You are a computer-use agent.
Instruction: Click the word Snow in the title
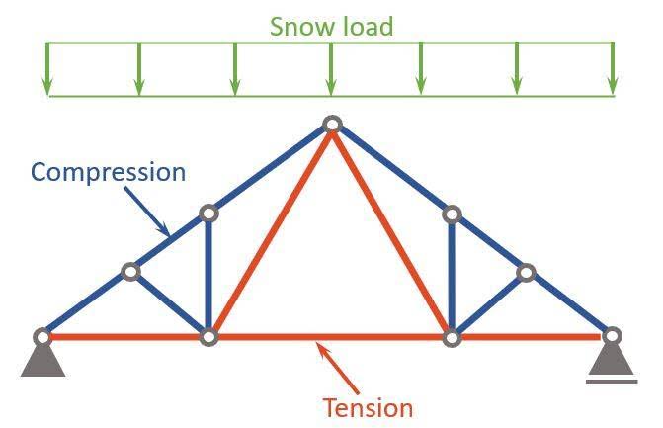point(302,27)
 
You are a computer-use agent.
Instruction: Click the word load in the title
point(368,27)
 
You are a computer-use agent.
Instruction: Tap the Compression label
point(109,172)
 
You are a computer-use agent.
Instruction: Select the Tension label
point(368,408)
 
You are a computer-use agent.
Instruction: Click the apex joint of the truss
point(332,125)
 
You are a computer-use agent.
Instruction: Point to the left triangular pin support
point(42,360)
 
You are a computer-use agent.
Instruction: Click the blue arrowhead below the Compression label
point(164,229)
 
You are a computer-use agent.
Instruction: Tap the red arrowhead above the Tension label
point(322,349)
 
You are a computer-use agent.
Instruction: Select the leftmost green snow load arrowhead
point(47,87)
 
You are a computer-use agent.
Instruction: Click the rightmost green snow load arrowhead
point(613,86)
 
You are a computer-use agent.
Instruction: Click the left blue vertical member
point(208,275)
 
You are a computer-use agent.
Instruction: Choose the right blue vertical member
point(452,276)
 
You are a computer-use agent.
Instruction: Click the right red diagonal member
point(390,231)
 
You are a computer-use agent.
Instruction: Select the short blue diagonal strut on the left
point(170,303)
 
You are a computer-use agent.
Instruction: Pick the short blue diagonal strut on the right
point(489,304)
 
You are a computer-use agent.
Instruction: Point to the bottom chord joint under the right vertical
point(452,338)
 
